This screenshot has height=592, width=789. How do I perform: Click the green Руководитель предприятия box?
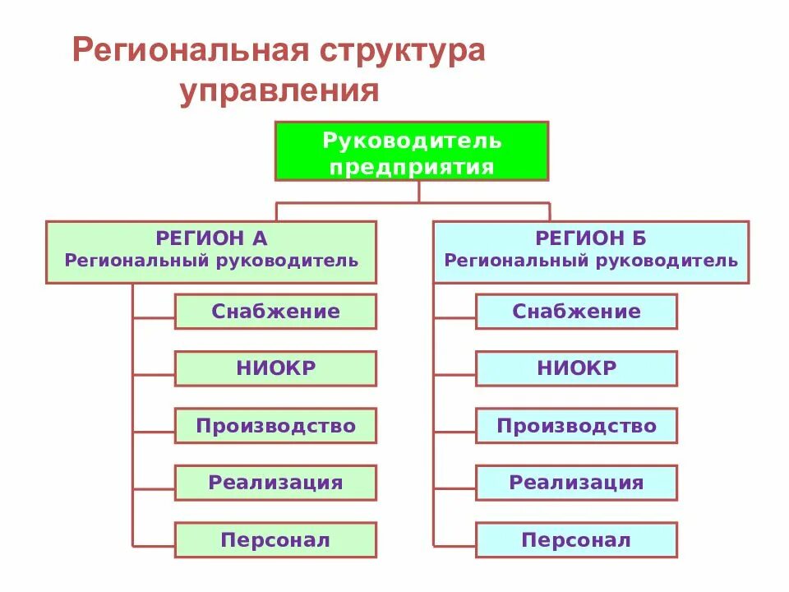tap(411, 151)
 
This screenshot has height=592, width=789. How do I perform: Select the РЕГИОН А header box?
tap(211, 252)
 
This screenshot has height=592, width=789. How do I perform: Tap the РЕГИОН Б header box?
tap(591, 252)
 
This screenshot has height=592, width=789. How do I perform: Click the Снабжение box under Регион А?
tap(275, 312)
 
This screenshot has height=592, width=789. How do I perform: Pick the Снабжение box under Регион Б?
tap(576, 312)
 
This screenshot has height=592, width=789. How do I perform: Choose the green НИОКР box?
tap(275, 368)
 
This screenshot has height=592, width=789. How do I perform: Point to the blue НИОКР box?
tap(576, 368)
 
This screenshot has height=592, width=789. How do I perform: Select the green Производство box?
tap(275, 426)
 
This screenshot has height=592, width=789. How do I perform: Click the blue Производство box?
tap(576, 426)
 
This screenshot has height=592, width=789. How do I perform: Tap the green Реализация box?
tap(275, 483)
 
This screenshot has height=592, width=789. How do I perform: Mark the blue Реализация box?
tap(576, 483)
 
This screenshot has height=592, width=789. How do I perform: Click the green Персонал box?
tap(275, 540)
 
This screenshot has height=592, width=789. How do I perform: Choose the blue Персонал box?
tap(576, 540)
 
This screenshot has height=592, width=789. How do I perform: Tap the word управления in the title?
tap(279, 90)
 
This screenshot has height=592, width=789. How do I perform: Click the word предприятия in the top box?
tap(411, 168)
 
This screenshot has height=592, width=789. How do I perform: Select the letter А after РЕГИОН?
tap(260, 239)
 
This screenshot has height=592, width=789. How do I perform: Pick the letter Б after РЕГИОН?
tap(639, 239)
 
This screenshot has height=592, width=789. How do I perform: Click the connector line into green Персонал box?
tap(154, 545)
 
